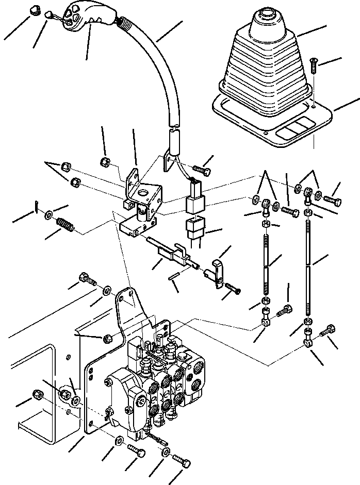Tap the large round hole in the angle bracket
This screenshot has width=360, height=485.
pos(141,195)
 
